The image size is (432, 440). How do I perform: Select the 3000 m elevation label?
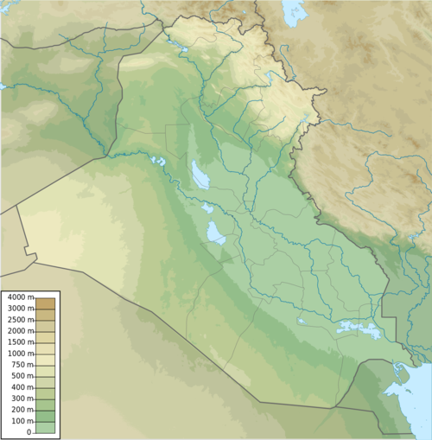(x=17, y=309)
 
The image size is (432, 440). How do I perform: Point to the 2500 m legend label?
(x=17, y=320)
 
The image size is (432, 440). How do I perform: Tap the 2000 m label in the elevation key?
(x=17, y=331)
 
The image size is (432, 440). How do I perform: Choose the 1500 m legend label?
(x=17, y=342)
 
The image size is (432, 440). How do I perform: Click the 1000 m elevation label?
(x=17, y=354)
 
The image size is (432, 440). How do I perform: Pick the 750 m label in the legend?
(x=19, y=365)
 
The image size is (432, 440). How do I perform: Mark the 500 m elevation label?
(x=19, y=376)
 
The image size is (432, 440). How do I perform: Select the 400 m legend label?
(x=19, y=387)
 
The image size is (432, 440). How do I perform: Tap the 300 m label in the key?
(x=19, y=399)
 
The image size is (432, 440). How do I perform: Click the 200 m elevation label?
(x=19, y=410)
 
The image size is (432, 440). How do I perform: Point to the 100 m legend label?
(x=19, y=421)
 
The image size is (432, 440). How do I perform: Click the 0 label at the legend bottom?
(x=29, y=431)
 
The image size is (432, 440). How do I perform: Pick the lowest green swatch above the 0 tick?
(x=45, y=426)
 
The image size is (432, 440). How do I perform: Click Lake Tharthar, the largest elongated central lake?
(x=200, y=176)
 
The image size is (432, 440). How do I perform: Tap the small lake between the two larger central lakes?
(x=207, y=208)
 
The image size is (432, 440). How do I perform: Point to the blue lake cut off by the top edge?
(x=294, y=10)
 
